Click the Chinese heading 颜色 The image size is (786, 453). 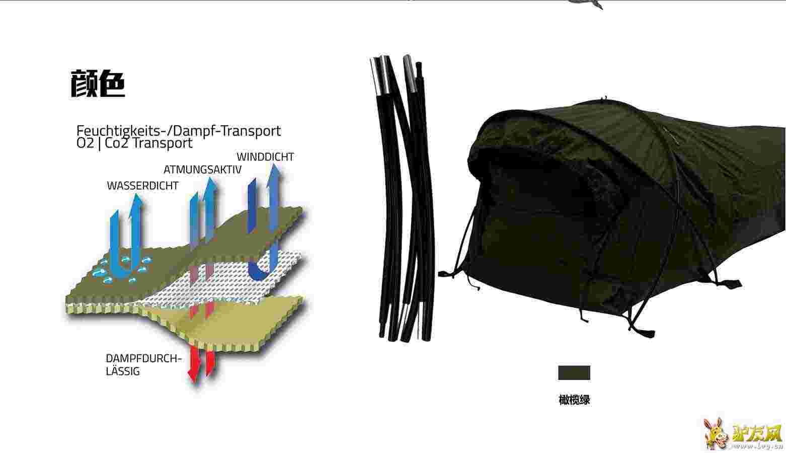click(98, 84)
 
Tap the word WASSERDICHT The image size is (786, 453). click(142, 186)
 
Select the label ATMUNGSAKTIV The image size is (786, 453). click(202, 170)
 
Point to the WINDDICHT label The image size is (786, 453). click(265, 157)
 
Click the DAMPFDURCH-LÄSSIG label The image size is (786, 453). click(143, 364)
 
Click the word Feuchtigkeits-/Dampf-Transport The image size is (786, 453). click(179, 131)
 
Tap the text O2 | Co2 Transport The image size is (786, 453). click(134, 143)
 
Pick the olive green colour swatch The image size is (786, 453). click(574, 372)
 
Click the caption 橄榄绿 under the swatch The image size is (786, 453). click(574, 400)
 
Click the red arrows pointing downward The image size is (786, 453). click(201, 365)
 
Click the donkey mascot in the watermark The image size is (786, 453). click(717, 433)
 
